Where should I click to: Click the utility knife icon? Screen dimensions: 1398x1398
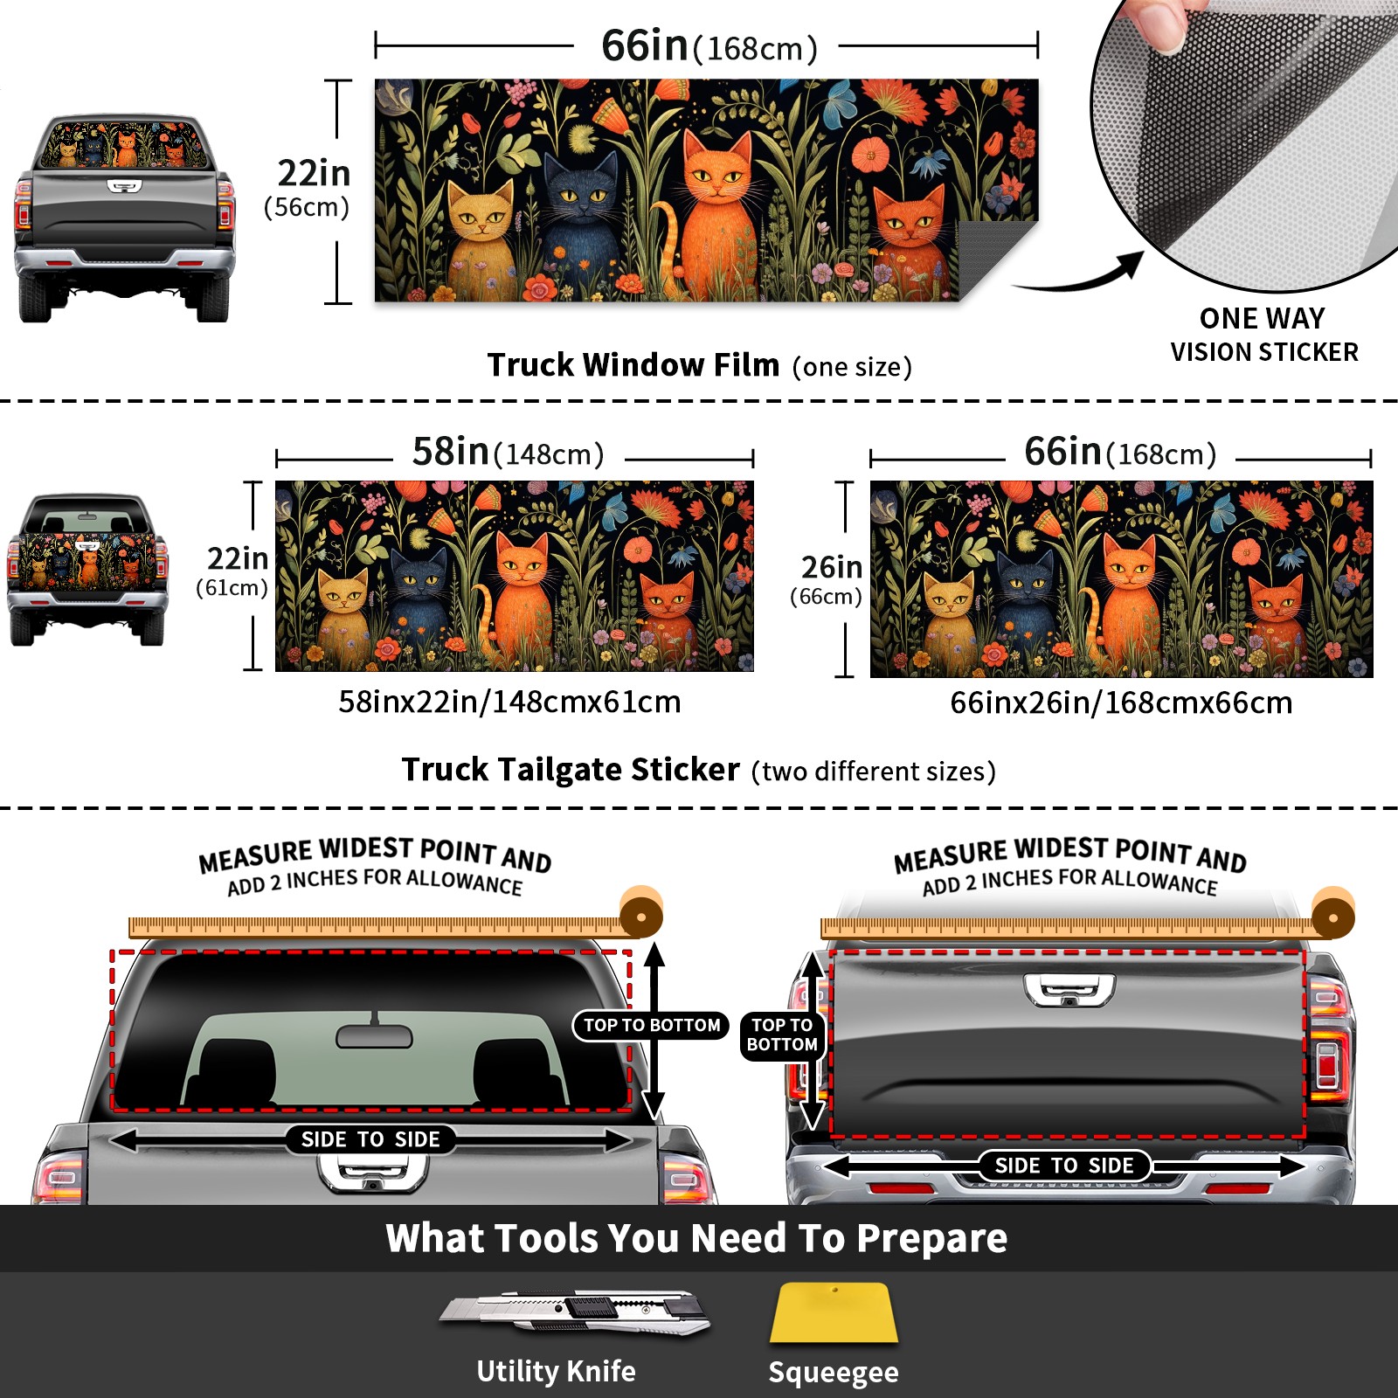coord(575,1311)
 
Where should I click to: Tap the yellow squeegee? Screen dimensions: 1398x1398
coord(834,1313)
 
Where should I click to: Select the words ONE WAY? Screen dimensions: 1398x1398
coord(1262,318)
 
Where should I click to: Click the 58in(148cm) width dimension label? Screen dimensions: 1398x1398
coord(508,453)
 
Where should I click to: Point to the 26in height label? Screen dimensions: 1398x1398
coord(831,567)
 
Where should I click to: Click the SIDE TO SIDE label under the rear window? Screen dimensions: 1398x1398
coord(370,1139)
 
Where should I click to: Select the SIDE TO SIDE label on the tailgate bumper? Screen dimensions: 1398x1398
coord(1063,1166)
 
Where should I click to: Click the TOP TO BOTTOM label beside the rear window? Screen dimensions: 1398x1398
coord(652,1025)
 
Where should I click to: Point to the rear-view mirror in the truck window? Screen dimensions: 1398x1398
coord(374,1035)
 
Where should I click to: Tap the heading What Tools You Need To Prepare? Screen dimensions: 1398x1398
coord(696,1238)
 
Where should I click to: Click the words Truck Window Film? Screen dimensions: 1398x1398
coord(633,364)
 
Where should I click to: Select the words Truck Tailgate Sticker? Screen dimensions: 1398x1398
coord(571,770)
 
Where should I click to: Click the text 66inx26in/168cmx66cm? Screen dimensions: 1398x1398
coord(1121,702)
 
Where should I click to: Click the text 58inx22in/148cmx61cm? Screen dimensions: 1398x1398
coord(509,702)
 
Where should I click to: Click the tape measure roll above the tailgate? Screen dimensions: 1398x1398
coord(1332,914)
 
